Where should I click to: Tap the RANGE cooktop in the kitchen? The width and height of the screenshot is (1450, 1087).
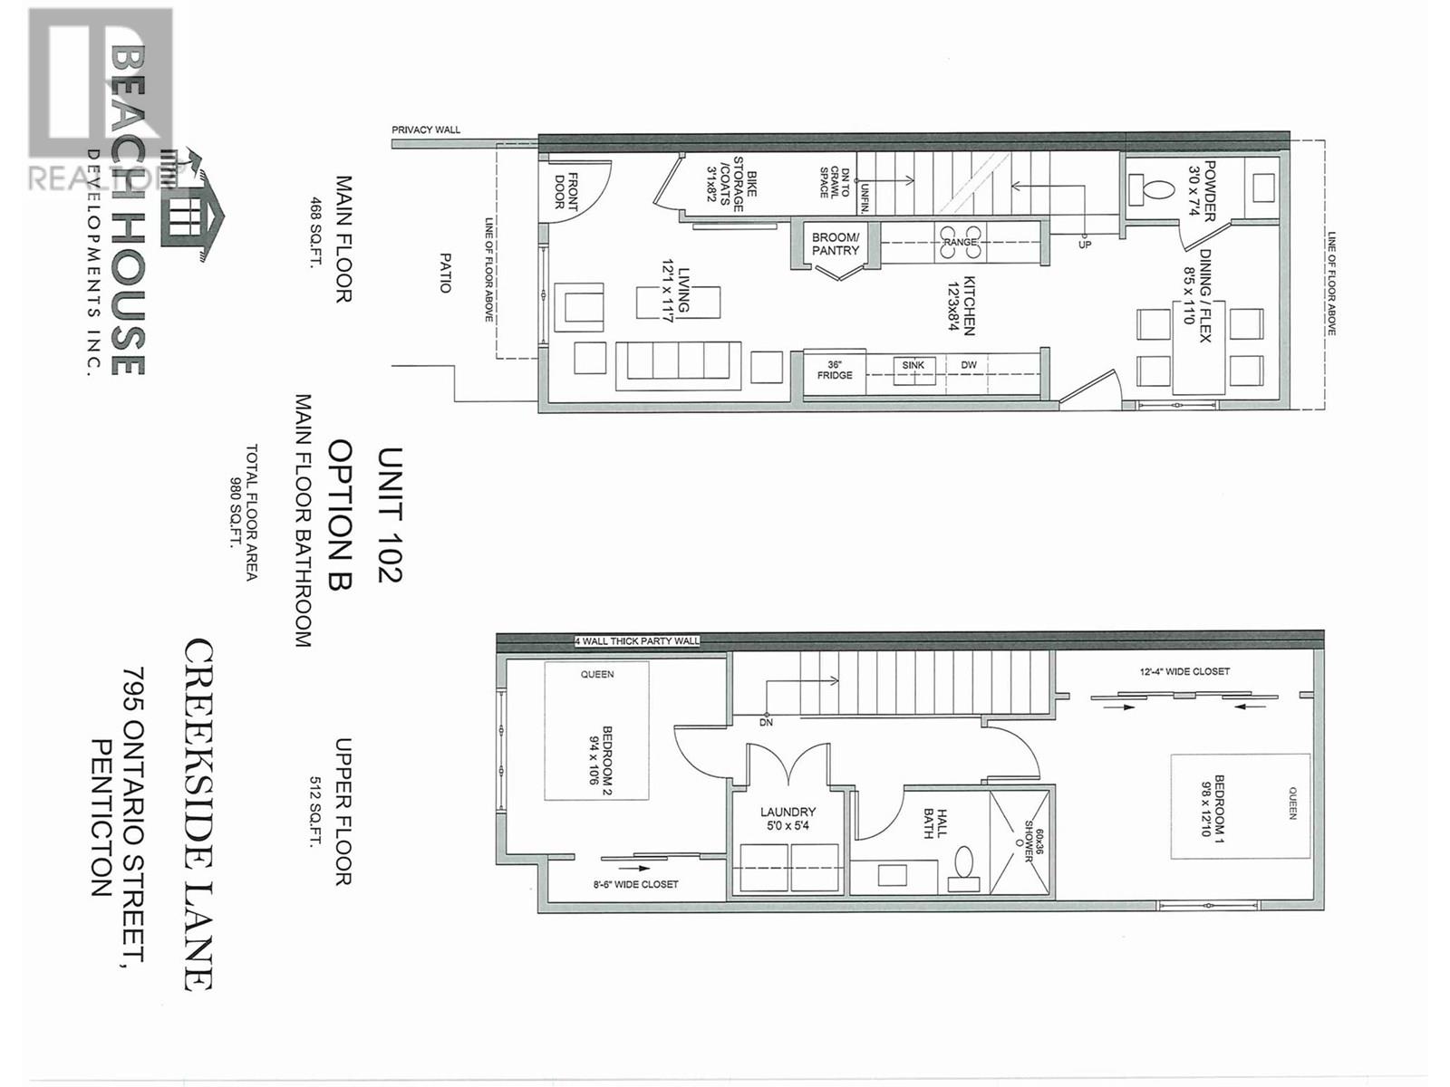[960, 242]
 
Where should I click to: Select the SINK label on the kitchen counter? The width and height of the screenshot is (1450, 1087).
[913, 365]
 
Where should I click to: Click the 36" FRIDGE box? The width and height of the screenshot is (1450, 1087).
[835, 370]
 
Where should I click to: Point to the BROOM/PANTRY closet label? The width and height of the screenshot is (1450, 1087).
[835, 244]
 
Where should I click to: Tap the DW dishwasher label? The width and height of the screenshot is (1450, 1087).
[969, 365]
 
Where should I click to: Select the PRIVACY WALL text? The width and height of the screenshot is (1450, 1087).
[426, 130]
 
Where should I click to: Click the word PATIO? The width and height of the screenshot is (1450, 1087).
[445, 272]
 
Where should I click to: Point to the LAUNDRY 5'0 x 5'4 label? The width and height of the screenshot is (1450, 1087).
[788, 818]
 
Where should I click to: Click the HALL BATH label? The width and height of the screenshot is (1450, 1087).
[934, 823]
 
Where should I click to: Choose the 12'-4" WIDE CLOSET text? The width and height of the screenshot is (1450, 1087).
[1184, 671]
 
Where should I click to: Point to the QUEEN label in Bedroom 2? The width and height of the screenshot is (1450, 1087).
[597, 674]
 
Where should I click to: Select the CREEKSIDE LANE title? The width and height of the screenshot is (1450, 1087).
[199, 813]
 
